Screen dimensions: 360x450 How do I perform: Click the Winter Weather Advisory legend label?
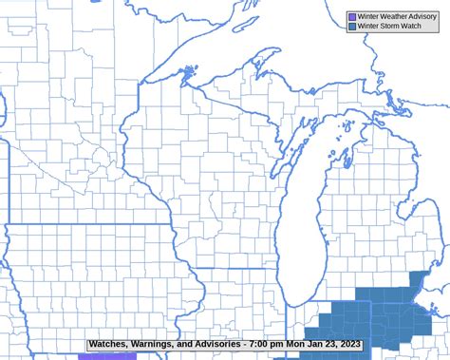click(398, 16)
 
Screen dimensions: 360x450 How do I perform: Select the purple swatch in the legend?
click(352, 16)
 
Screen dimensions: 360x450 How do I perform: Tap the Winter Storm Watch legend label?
click(390, 26)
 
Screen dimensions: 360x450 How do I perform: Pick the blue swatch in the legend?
click(352, 26)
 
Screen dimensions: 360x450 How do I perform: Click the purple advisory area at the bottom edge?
click(108, 356)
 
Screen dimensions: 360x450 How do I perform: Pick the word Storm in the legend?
click(389, 26)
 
